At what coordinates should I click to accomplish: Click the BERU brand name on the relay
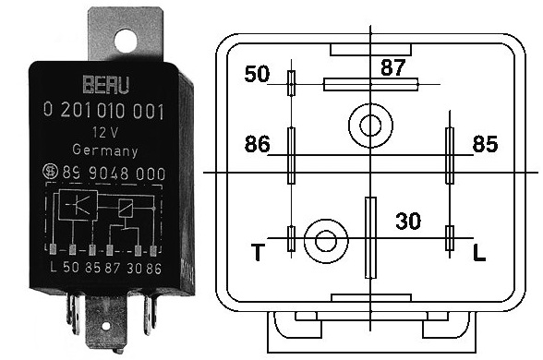point(106,85)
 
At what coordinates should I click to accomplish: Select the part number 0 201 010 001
point(103,112)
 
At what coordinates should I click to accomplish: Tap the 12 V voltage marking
point(105,133)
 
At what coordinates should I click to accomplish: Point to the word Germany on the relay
point(105,150)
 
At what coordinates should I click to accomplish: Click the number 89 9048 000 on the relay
point(114,173)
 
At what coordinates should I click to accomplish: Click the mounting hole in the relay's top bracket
point(126,41)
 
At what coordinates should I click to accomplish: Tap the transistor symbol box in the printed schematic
point(78,205)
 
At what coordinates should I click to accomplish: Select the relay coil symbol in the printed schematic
point(125,209)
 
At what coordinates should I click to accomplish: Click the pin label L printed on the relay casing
point(54,268)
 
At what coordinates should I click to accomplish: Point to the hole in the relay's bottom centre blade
point(106,326)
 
